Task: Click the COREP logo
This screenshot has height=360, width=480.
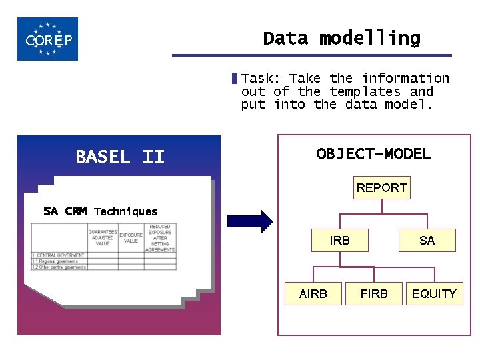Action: coord(47,39)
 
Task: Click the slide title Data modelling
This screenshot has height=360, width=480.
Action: coord(341,39)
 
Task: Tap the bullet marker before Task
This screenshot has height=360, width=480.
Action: coord(234,79)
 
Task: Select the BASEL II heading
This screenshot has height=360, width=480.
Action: coord(120,157)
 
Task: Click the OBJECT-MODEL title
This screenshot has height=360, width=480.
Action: coord(373,153)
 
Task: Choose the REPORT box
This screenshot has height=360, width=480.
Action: coord(381,188)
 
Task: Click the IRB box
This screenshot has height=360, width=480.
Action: coord(339,241)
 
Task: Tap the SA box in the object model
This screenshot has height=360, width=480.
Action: coord(427,241)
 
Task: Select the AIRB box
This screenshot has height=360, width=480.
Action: coord(313,293)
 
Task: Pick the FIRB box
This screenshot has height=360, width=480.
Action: coord(374,293)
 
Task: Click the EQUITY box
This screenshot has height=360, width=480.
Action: coord(434,293)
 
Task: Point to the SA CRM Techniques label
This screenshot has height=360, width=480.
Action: coord(100,211)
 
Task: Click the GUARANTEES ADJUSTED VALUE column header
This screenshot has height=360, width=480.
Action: coord(103,238)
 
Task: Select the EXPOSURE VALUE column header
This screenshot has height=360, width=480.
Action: coord(131,238)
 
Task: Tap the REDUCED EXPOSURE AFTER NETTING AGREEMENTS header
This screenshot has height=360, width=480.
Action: coord(160,238)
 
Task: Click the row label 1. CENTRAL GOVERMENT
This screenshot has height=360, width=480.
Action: coord(58,255)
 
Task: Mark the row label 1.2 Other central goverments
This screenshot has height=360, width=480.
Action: coord(59,267)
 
